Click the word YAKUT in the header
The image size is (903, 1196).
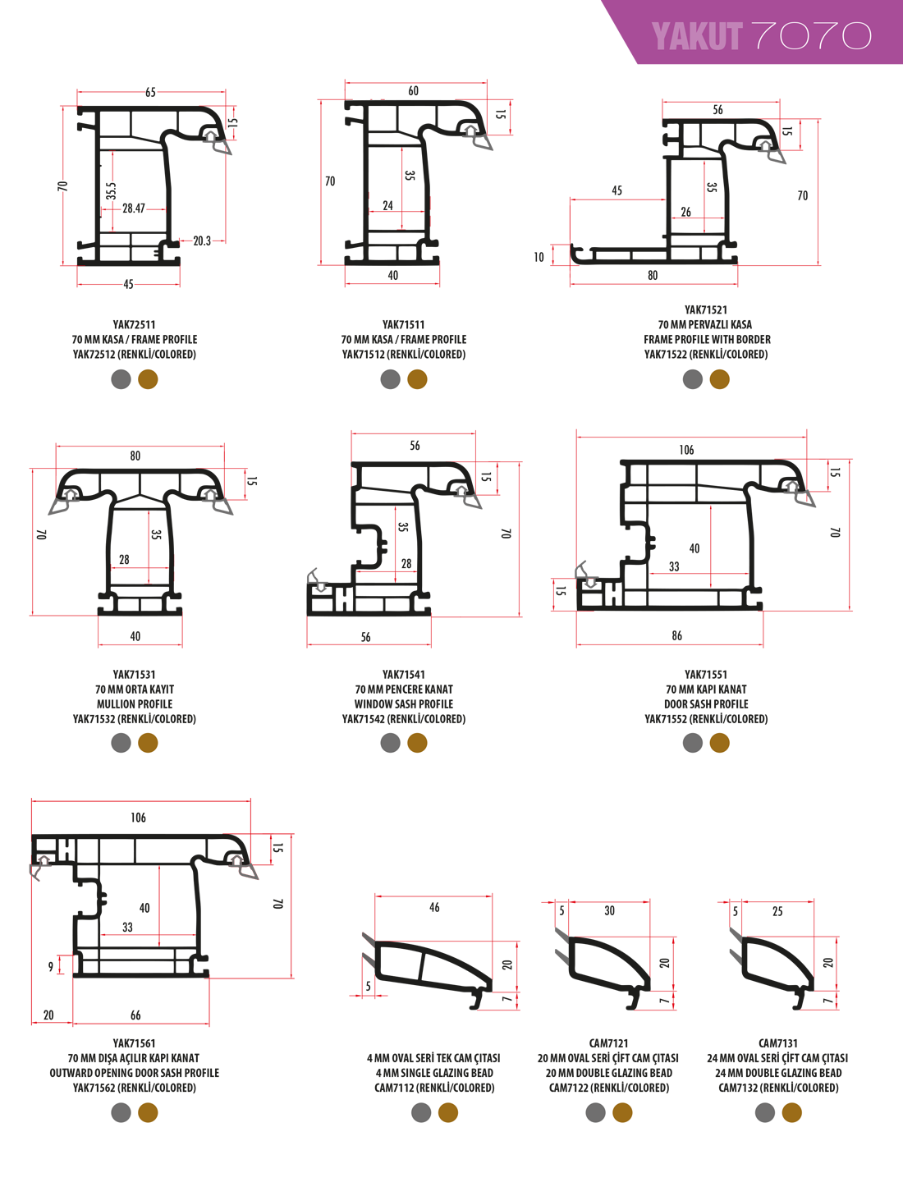pos(696,37)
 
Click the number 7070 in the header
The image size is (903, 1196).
pos(811,36)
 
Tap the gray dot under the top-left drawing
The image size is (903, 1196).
pos(121,379)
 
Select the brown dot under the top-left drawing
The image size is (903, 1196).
pos(148,379)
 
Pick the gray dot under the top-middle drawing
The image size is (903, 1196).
pos(391,379)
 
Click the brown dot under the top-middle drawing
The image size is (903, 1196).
pos(417,379)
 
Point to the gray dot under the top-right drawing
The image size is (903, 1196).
pos(693,379)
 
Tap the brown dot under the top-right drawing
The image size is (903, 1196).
pos(719,379)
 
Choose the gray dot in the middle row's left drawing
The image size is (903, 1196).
pos(121,743)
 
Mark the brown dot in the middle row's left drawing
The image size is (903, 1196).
pos(148,743)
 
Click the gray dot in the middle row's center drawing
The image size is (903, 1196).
pos(391,743)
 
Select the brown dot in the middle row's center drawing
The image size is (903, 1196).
pos(417,743)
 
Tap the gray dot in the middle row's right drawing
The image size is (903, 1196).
pos(693,743)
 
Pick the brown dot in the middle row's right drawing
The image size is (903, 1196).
pos(719,743)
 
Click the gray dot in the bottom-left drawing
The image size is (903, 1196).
pos(121,1112)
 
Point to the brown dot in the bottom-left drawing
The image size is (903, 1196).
pos(148,1112)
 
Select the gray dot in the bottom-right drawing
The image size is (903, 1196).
pos(765,1112)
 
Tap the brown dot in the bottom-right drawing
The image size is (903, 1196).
pos(791,1112)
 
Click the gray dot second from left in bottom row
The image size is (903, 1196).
pos(421,1112)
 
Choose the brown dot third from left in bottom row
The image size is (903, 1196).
pos(622,1112)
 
